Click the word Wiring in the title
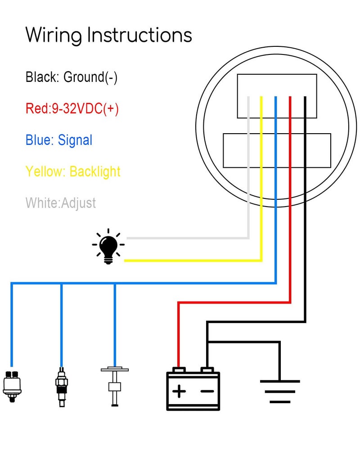[54, 36]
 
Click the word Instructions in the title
[139, 35]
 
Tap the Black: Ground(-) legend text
[72, 77]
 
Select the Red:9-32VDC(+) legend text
[72, 108]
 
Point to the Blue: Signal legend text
[59, 140]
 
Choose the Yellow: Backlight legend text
[73, 171]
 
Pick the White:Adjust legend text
[61, 203]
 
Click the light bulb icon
[108, 246]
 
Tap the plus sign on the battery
[179, 391]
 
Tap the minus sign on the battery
[207, 391]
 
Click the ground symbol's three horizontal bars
[280, 392]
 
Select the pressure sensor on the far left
[12, 386]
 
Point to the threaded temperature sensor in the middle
[62, 387]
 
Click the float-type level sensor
[115, 386]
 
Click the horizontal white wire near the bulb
[188, 238]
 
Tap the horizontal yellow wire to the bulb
[193, 261]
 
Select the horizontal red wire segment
[234, 302]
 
